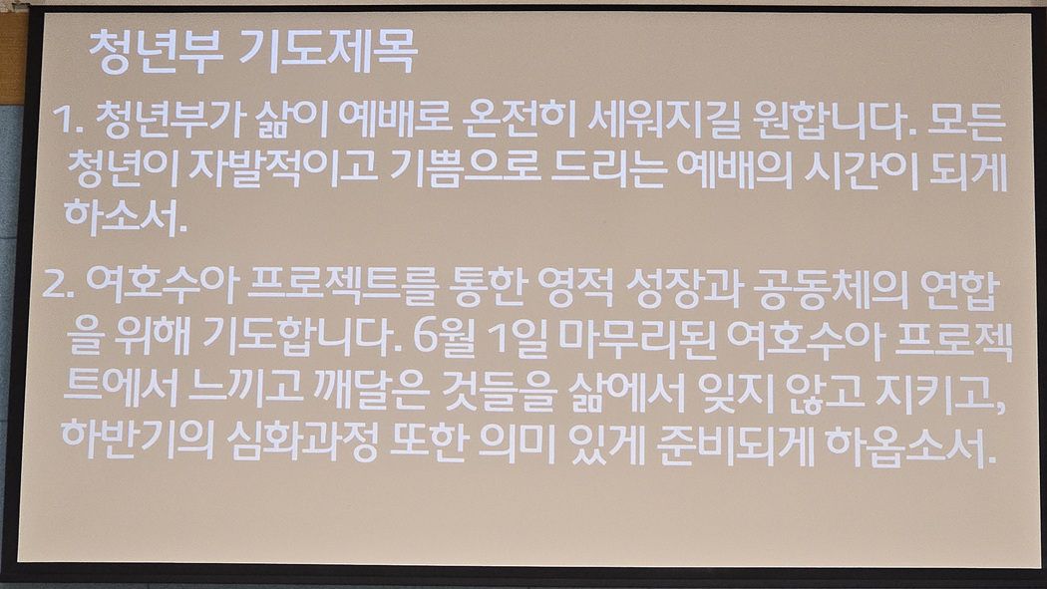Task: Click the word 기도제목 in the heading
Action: tap(328, 51)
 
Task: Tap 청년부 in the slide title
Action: tap(156, 52)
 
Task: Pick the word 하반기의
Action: tap(139, 441)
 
